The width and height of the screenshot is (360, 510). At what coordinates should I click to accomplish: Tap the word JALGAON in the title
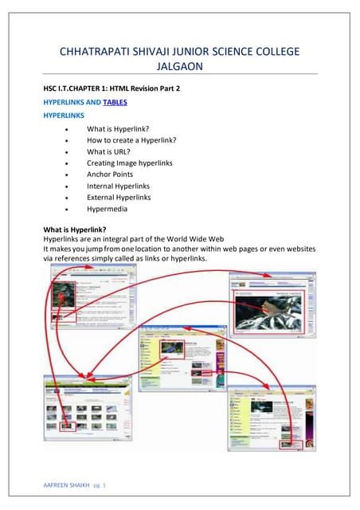pos(180,67)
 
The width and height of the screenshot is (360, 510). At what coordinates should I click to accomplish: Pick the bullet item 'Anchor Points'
pos(110,174)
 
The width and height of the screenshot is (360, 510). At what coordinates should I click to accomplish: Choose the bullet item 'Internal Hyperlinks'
pos(119,186)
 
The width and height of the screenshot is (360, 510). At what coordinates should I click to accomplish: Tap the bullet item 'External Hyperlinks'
pos(119,197)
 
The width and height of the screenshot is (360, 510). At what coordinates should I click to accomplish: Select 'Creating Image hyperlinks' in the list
pos(130,163)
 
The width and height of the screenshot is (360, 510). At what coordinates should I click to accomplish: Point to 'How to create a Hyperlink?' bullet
pos(131,140)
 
